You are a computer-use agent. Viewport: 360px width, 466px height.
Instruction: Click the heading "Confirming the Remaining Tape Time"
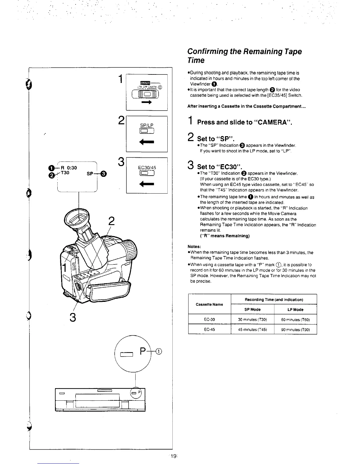244,56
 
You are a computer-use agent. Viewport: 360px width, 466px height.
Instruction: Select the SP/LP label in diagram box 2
147,125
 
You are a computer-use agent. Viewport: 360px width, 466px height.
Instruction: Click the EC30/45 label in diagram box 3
147,168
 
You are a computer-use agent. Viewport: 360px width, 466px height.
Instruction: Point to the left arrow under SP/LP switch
147,142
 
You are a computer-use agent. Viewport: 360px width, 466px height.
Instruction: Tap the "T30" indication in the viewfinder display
65,173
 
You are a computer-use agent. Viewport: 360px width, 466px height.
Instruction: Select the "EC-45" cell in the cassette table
209,329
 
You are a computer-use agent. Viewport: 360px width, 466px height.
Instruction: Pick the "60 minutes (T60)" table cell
295,319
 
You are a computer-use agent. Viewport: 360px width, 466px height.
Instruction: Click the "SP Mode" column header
252,309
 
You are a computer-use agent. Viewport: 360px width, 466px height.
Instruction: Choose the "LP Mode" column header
295,309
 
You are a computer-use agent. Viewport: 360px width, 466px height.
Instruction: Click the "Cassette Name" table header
209,304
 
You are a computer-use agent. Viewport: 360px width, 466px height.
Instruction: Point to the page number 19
174,456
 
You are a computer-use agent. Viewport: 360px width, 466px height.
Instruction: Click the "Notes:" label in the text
194,247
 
